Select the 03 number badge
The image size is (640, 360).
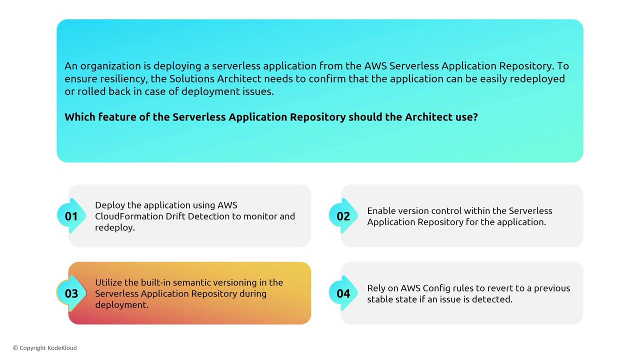coord(71,293)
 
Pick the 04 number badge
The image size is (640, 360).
coord(343,293)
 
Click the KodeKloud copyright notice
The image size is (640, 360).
coord(45,348)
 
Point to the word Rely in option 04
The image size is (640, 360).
coord(376,288)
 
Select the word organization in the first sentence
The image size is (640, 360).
coord(110,66)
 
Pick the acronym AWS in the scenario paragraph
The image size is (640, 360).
coord(375,66)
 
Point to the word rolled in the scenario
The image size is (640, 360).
coord(91,91)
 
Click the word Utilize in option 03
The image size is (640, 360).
coord(108,282)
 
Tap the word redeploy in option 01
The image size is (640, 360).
coord(115,227)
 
